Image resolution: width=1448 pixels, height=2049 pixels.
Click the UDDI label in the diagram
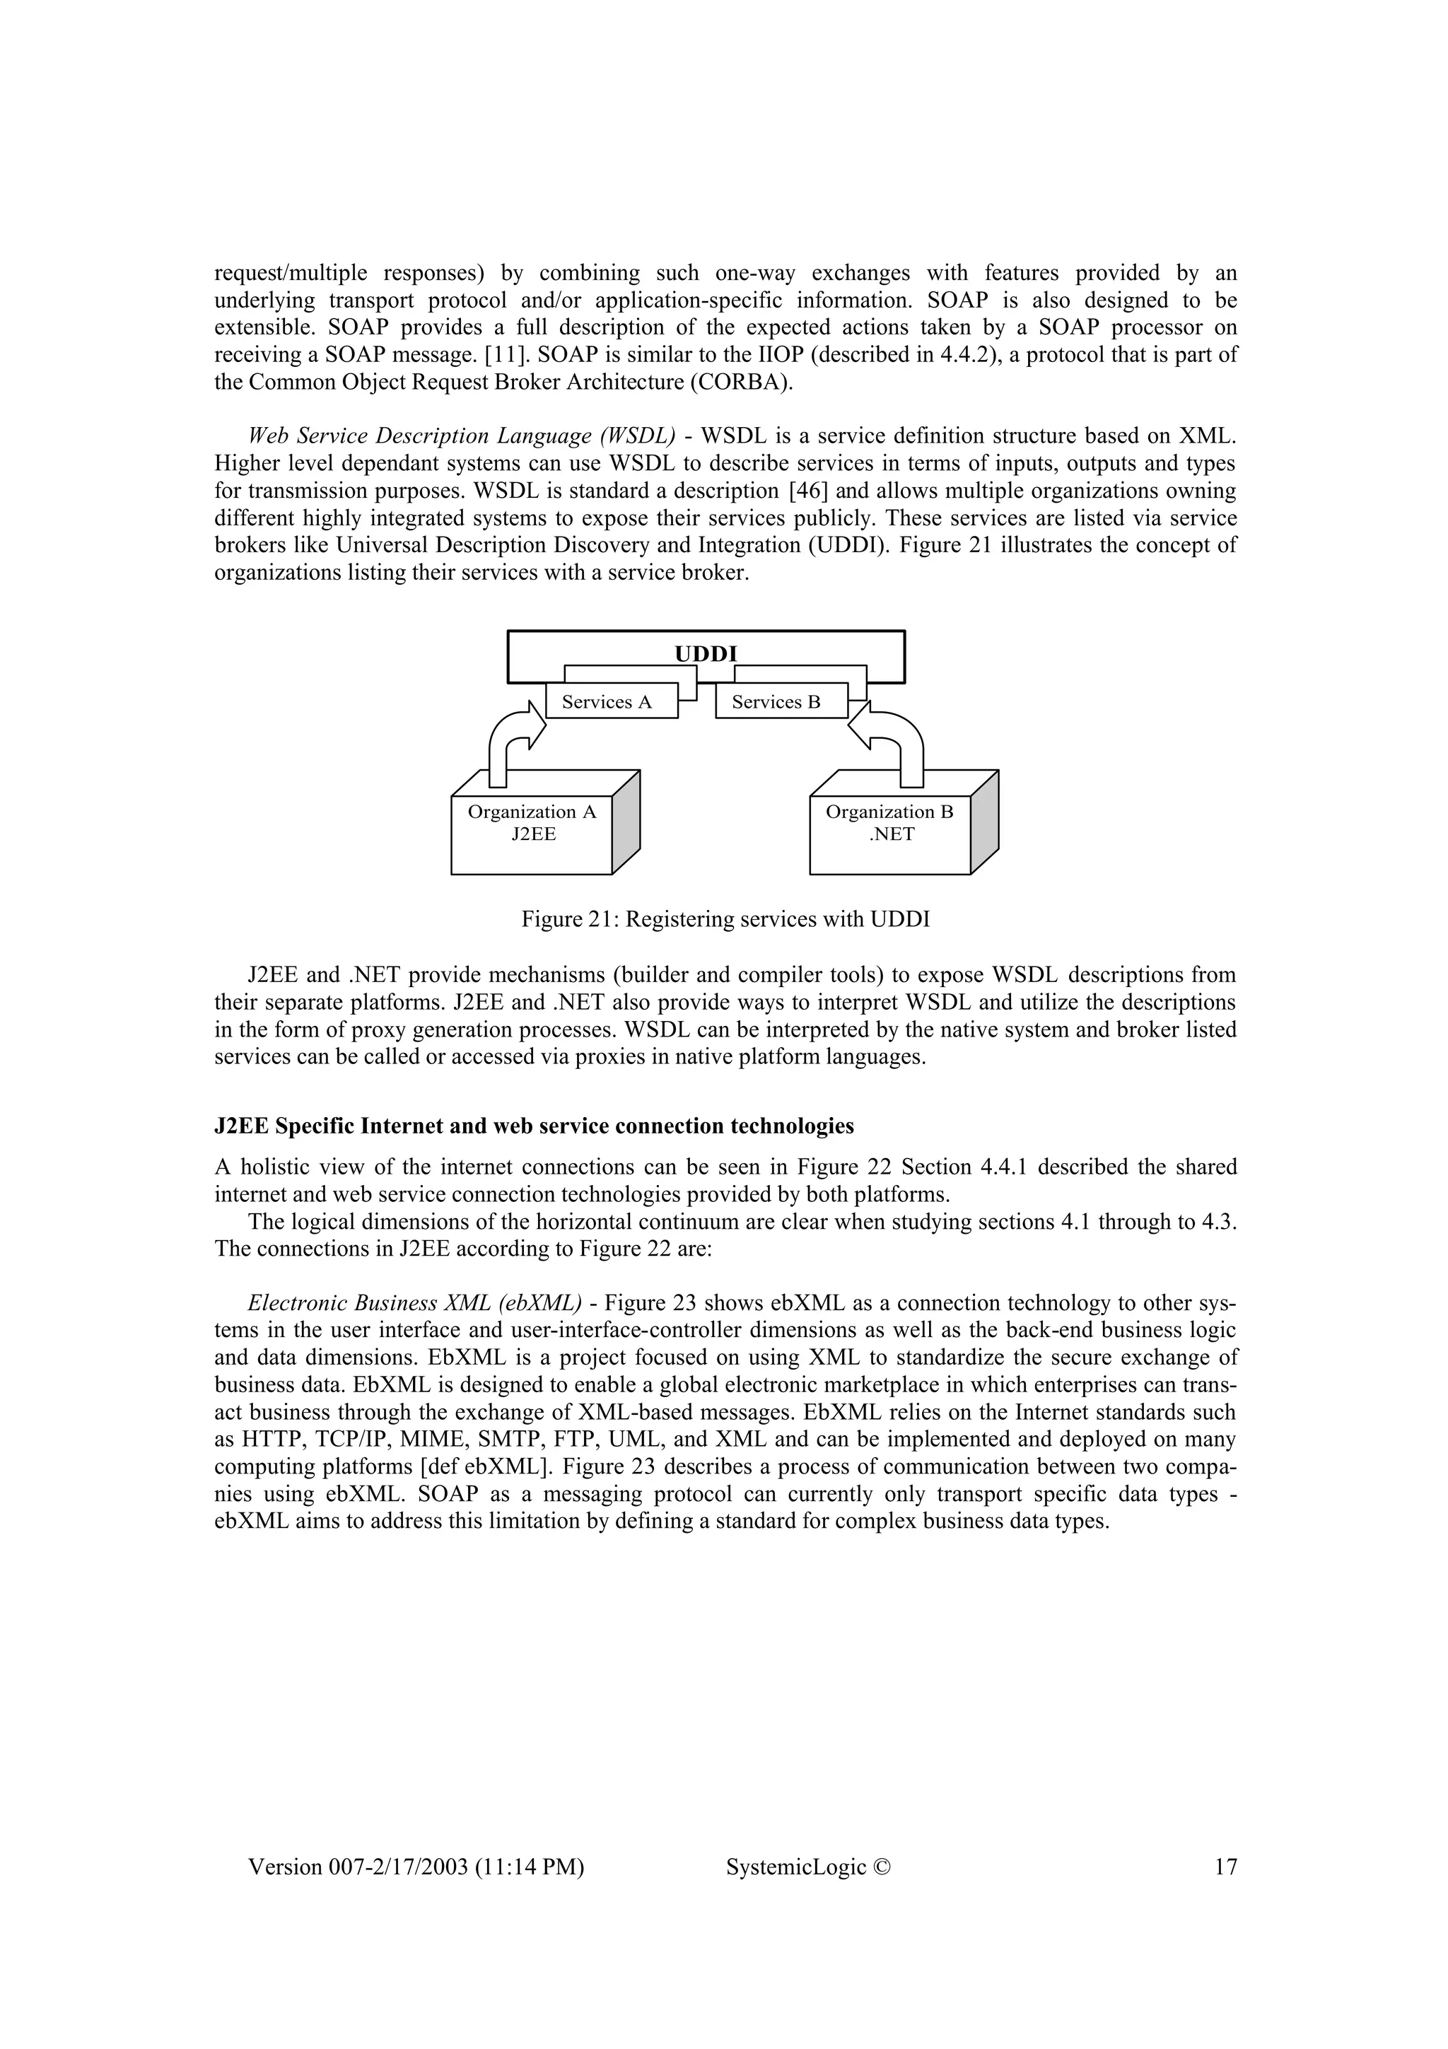[x=706, y=653]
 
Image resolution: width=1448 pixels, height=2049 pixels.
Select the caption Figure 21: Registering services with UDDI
[x=725, y=918]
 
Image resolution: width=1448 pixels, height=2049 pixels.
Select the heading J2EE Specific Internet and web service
[x=534, y=1126]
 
